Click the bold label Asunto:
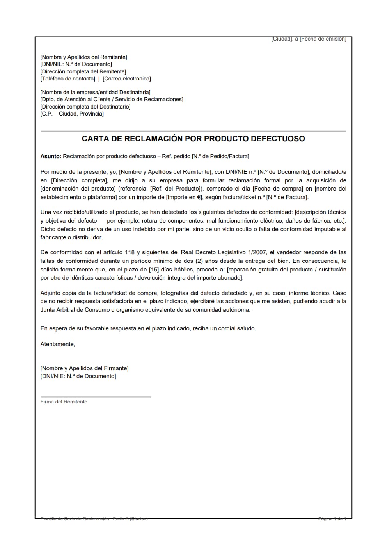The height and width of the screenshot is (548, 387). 51,156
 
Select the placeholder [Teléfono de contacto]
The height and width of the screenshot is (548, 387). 68,79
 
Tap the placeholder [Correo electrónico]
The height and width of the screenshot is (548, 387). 127,79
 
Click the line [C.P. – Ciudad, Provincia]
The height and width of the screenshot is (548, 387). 72,114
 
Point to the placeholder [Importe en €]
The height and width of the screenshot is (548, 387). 184,197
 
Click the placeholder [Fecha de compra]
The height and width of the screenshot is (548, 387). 278,189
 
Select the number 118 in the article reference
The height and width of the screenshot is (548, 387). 130,252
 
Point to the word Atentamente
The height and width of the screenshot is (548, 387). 58,344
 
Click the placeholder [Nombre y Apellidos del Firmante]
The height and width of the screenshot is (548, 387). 84,368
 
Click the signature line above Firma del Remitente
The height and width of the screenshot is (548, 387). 96,397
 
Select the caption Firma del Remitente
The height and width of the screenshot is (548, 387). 64,402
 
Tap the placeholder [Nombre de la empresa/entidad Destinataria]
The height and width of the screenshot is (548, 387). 95,92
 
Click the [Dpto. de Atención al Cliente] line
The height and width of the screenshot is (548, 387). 112,99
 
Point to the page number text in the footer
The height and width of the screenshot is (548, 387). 332,519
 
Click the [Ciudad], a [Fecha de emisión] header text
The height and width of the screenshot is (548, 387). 309,39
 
